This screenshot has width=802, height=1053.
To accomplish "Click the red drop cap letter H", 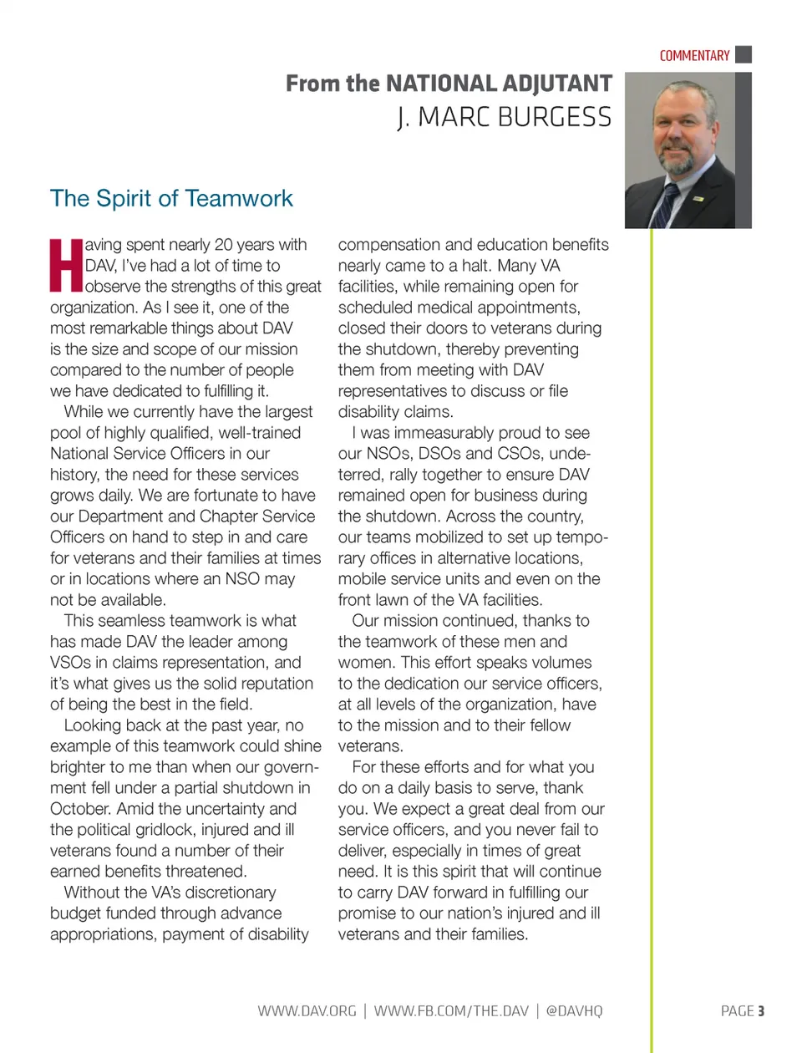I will point(66,266).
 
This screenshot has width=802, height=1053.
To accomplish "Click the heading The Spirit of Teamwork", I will point(171,199).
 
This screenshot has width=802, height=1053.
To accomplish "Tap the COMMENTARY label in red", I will point(694,56).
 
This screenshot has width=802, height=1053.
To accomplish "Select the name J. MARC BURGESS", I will point(504,118).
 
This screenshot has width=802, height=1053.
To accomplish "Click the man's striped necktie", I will point(666,204).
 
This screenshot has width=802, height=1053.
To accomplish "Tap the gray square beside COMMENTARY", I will point(743,55).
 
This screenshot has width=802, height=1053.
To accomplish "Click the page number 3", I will point(761,1011).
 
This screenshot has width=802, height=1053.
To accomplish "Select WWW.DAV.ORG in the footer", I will point(307,1011).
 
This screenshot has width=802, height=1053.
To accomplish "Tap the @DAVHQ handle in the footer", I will point(574,1011).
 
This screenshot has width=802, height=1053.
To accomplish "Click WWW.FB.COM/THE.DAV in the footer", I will point(451,1011).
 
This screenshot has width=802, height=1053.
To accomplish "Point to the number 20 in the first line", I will point(223,245).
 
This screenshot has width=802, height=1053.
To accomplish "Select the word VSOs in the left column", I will point(69,663).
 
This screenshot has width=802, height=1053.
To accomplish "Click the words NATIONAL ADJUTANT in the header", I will point(499,84).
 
